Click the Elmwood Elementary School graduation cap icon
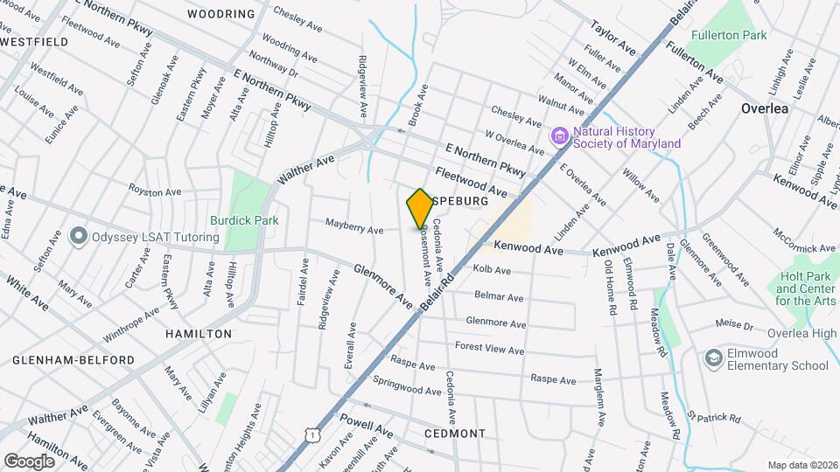(713, 358)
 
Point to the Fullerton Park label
(728, 36)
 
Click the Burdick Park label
(244, 221)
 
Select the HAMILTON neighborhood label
(199, 334)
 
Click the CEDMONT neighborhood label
(454, 434)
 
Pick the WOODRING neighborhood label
(221, 14)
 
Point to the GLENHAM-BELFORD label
(73, 360)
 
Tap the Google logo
(29, 461)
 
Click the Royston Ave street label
(154, 191)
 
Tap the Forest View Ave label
(489, 348)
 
